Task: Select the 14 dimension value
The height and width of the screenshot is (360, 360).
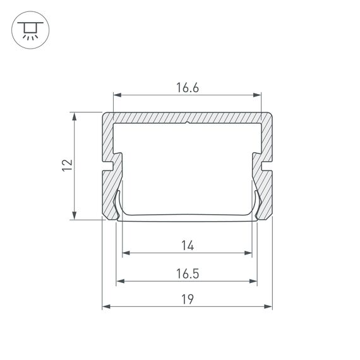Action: [x=187, y=244]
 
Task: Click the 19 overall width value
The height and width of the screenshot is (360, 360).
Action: [x=187, y=299]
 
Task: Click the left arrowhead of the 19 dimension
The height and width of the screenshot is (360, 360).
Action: [x=106, y=307]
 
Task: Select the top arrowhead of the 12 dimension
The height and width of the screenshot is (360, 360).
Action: [x=75, y=117]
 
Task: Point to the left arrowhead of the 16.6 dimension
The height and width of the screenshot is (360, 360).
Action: [x=117, y=96]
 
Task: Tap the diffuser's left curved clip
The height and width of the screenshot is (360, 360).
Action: [x=118, y=205]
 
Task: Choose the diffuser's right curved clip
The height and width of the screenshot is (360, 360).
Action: [x=256, y=205]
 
